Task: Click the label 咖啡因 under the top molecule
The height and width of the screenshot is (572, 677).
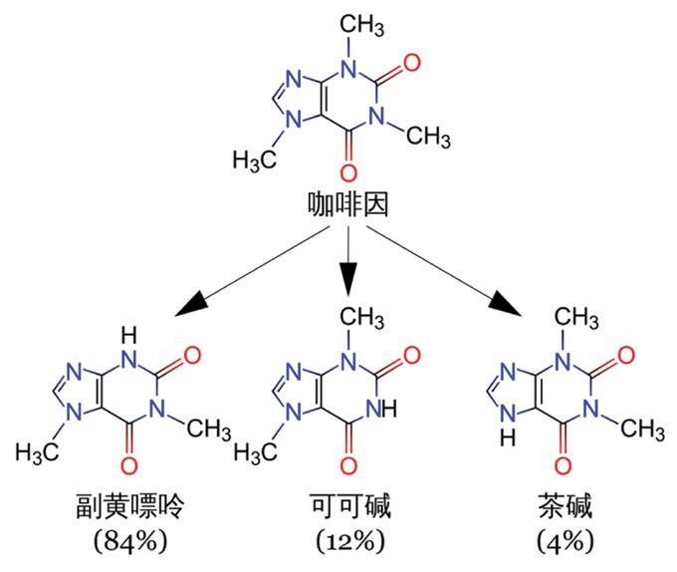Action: [348, 203]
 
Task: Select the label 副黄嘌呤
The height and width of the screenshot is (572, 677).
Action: [130, 505]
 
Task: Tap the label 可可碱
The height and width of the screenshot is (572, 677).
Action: [350, 505]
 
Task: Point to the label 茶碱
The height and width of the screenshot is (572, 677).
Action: [565, 505]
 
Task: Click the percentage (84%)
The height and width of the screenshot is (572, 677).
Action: [130, 540]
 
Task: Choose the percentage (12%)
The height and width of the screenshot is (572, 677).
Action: [350, 540]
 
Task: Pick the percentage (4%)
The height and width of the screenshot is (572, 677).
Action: [565, 540]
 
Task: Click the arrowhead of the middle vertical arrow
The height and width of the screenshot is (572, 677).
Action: [348, 279]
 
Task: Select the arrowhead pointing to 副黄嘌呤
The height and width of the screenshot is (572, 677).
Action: [192, 304]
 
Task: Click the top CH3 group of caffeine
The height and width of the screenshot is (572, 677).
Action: [361, 24]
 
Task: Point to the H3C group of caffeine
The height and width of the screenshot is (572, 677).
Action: [255, 160]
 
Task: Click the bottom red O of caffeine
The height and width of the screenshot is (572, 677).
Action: [348, 172]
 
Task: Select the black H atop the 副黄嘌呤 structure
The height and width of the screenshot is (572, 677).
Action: [128, 335]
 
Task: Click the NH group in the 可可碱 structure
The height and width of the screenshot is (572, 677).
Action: [381, 409]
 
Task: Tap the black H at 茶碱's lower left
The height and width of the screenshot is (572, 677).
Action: [508, 438]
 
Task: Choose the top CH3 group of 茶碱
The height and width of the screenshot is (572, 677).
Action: [576, 318]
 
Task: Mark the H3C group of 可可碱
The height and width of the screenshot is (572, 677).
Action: [256, 453]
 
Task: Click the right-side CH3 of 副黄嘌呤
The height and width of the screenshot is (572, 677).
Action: [209, 429]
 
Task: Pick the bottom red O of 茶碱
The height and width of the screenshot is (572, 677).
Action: [564, 465]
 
